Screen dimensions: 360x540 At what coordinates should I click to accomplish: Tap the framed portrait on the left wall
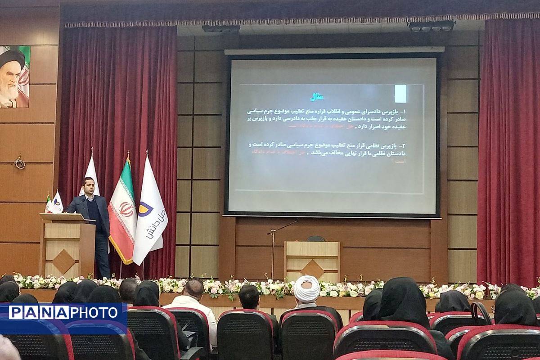point(15,76)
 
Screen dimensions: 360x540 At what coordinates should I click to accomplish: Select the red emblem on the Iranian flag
point(126,209)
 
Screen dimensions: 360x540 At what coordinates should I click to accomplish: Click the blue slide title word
point(318,97)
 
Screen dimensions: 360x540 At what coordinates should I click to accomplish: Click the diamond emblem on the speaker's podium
point(64,261)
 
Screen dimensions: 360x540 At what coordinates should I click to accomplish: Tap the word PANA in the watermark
point(38,312)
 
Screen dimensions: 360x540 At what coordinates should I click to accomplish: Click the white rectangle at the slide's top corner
point(400,94)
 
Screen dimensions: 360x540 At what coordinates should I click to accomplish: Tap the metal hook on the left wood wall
point(19,162)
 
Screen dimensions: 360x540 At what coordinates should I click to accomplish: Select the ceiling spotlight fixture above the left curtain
point(220,28)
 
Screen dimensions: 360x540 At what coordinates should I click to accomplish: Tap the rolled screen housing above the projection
point(334,50)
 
